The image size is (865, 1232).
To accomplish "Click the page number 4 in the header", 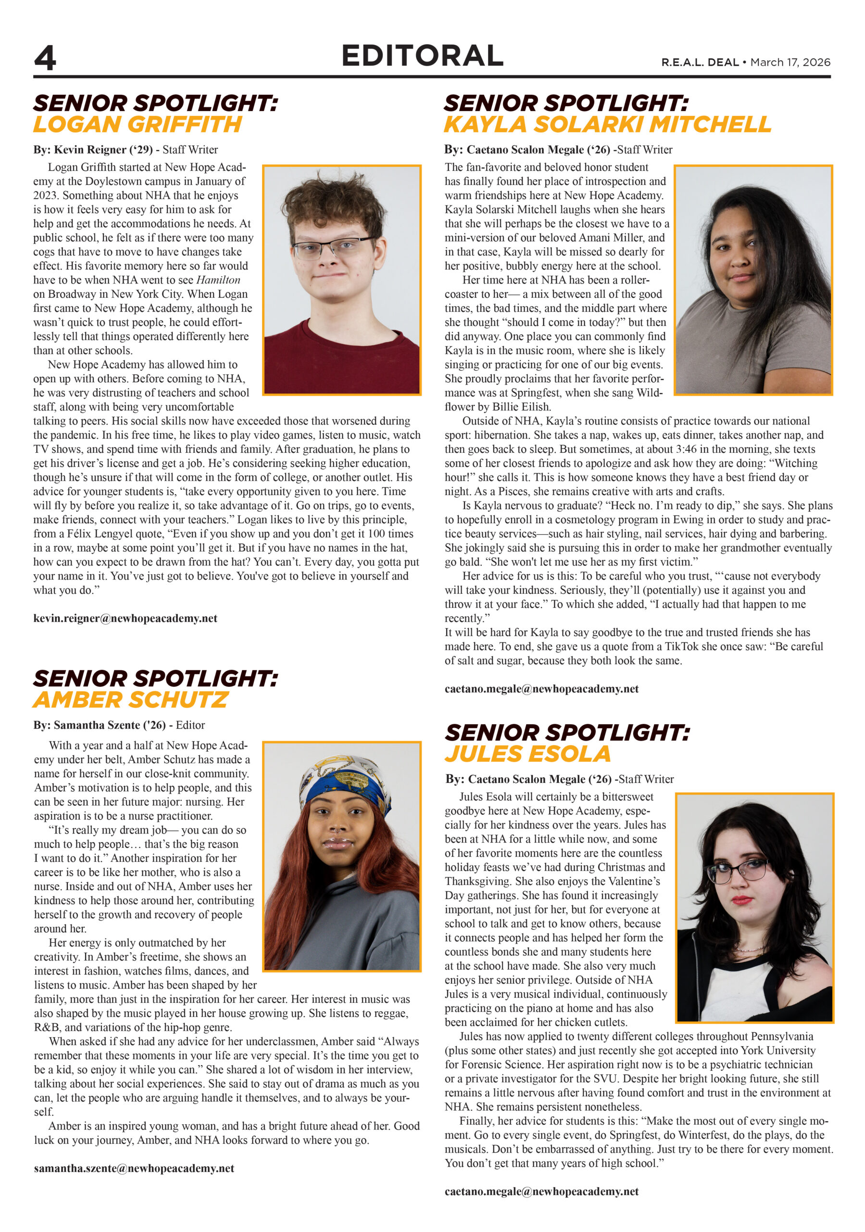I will coord(45,58).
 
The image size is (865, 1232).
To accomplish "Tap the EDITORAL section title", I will coord(422,56).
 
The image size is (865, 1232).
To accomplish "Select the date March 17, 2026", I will coord(790,62).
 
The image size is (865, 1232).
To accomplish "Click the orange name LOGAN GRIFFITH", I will coord(138,125).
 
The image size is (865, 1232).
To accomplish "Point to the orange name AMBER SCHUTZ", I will coord(131,700).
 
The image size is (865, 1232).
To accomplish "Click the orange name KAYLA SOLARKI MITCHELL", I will coord(608,125).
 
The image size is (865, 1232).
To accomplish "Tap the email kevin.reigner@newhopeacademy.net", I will coord(125,618).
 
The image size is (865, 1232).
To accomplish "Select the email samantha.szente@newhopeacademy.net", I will coord(134,1168).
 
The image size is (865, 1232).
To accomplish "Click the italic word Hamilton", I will coord(218,280).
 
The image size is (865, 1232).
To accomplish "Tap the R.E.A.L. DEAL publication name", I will coord(700,62).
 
